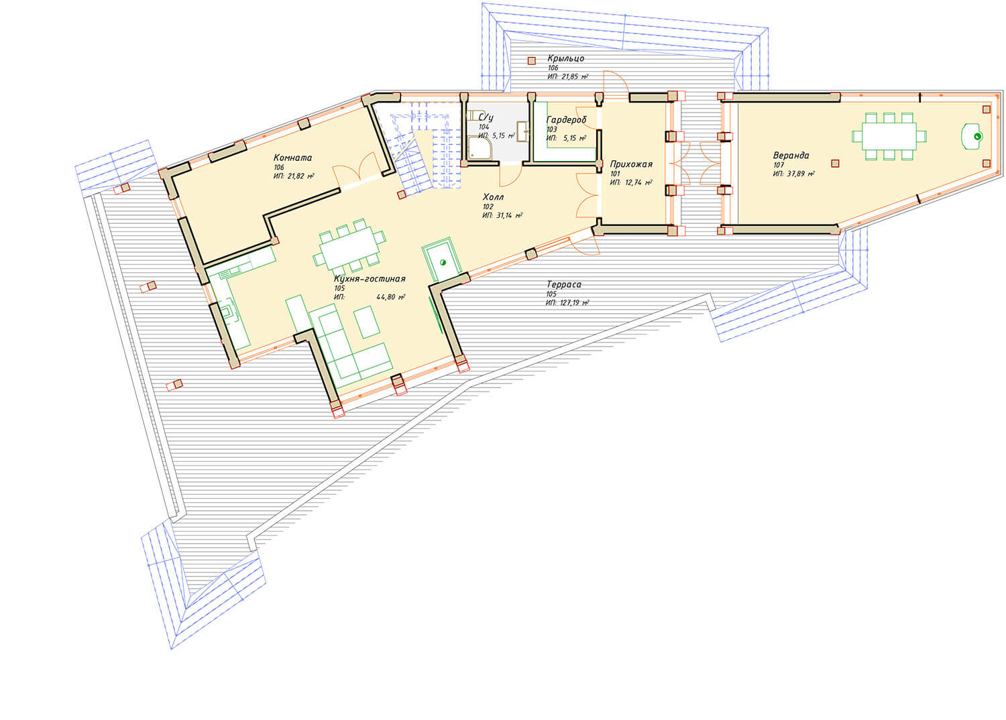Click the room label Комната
click(x=292, y=158)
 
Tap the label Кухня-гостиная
click(x=370, y=279)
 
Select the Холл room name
click(x=493, y=197)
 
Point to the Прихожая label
click(x=631, y=164)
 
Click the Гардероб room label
click(x=566, y=120)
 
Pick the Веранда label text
click(x=791, y=156)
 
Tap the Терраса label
click(x=563, y=284)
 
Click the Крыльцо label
click(x=565, y=58)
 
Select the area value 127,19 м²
click(x=574, y=303)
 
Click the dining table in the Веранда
click(x=889, y=137)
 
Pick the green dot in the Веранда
click(x=977, y=137)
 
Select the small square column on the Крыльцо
click(x=531, y=61)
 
